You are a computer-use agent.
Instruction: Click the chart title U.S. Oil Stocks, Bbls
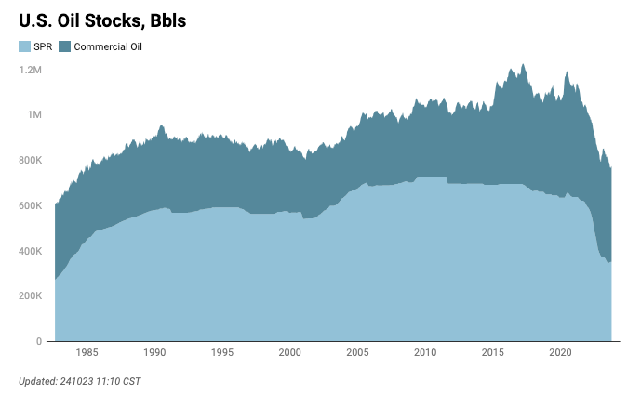point(102,20)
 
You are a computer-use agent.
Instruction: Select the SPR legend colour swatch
point(24,46)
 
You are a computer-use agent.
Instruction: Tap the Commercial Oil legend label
point(108,46)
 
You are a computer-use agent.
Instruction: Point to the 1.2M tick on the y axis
point(31,70)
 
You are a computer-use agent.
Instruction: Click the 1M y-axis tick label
point(34,115)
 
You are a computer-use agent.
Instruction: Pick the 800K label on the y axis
point(31,160)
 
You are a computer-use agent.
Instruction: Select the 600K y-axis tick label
point(31,205)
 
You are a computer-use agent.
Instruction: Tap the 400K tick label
point(31,251)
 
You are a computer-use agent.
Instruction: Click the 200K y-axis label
point(31,295)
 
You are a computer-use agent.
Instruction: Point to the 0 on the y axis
point(39,341)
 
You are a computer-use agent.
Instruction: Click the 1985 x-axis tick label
point(87,353)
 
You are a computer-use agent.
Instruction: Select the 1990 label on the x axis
point(154,353)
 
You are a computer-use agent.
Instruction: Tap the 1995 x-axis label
point(222,353)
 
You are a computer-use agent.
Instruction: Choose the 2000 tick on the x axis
point(290,353)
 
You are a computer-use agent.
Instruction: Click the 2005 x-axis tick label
point(357,353)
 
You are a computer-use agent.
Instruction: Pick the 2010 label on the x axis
point(425,353)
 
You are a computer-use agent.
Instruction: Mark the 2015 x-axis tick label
point(493,353)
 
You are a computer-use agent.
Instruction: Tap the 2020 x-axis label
point(560,353)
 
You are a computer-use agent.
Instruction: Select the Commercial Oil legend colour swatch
point(64,46)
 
